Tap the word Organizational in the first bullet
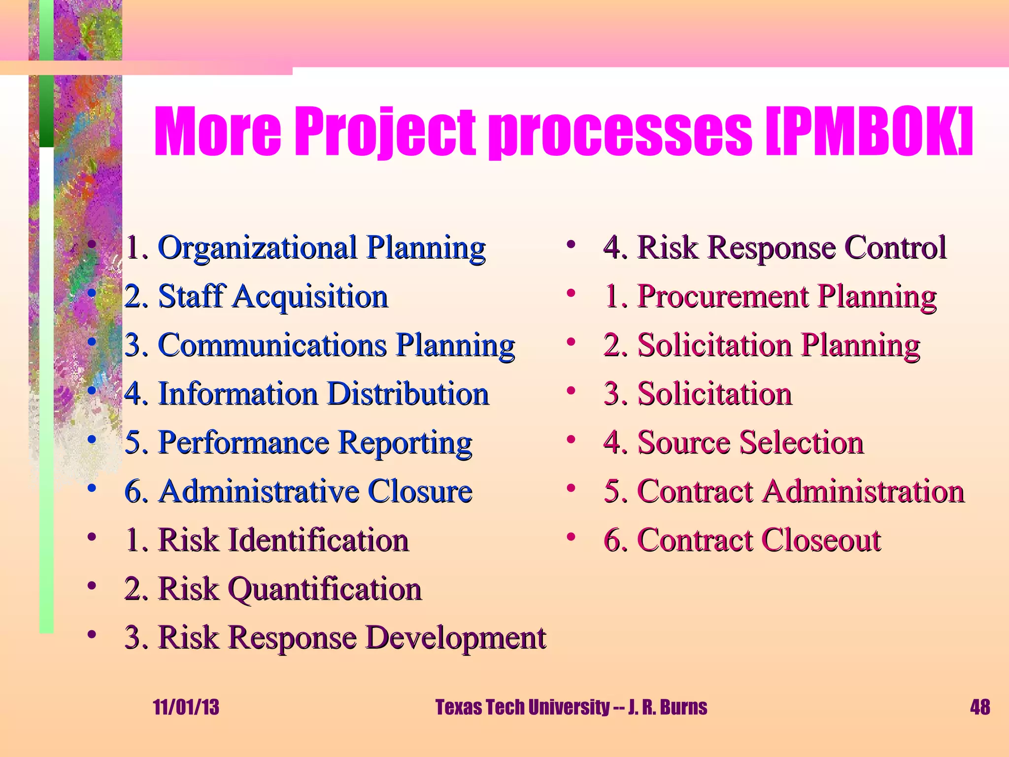(257, 247)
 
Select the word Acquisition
(310, 297)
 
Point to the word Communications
(272, 345)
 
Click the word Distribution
(408, 394)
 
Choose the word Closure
(420, 491)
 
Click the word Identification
(318, 540)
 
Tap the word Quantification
(325, 589)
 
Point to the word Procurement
(723, 297)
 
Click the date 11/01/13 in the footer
(186, 707)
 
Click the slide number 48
(979, 707)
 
